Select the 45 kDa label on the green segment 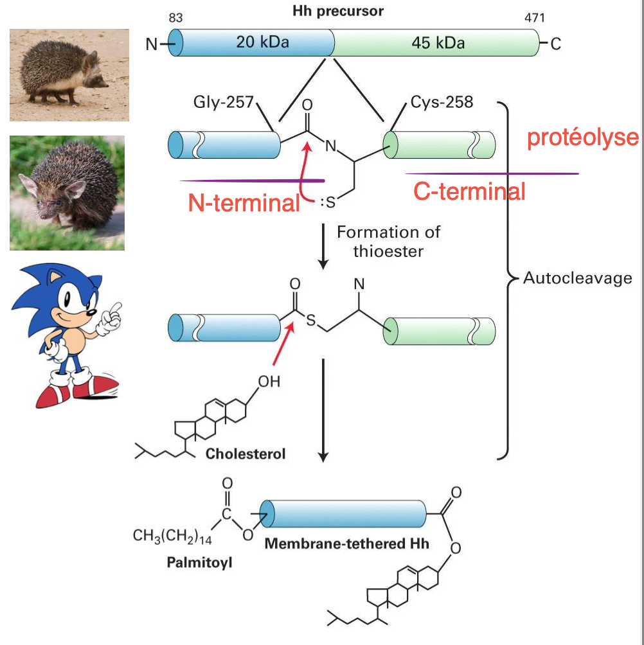point(438,44)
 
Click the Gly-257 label point(224,102)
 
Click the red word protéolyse point(583,138)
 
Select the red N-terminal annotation point(244,203)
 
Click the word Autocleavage point(578,278)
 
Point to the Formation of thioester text point(388,241)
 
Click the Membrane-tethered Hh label point(347,543)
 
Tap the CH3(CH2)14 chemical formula point(173,535)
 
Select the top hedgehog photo point(69,75)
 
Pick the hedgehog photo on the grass point(67,193)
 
